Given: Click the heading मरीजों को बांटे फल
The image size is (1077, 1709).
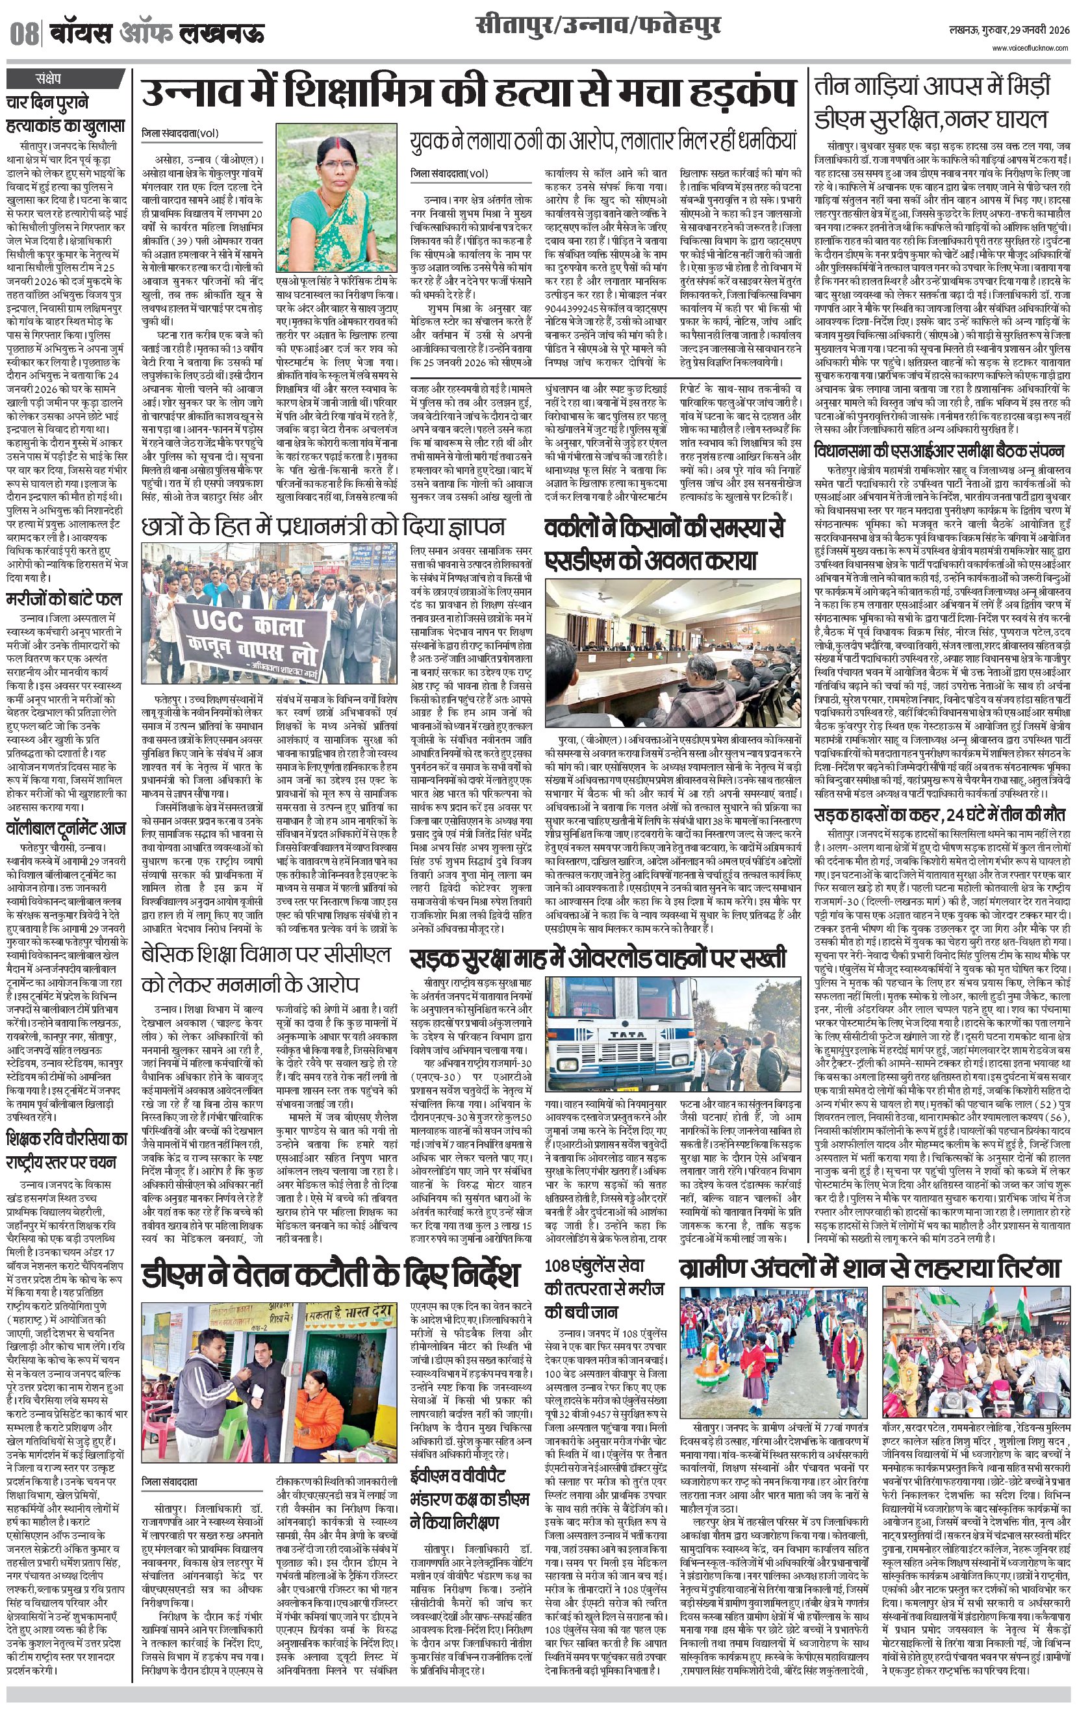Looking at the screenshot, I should click(64, 598).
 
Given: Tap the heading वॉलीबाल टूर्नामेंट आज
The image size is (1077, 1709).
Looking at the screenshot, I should click(66, 828).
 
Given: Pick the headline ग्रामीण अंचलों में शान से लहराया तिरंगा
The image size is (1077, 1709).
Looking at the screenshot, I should click(869, 1267).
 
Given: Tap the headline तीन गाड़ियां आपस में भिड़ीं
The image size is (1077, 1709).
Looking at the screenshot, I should click(931, 86).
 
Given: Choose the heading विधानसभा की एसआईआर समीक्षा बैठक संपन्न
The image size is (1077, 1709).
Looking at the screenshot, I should click(939, 451).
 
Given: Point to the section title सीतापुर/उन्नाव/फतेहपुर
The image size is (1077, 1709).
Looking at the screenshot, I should click(598, 27).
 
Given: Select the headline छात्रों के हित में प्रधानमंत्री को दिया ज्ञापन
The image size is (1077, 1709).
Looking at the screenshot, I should click(323, 526).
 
